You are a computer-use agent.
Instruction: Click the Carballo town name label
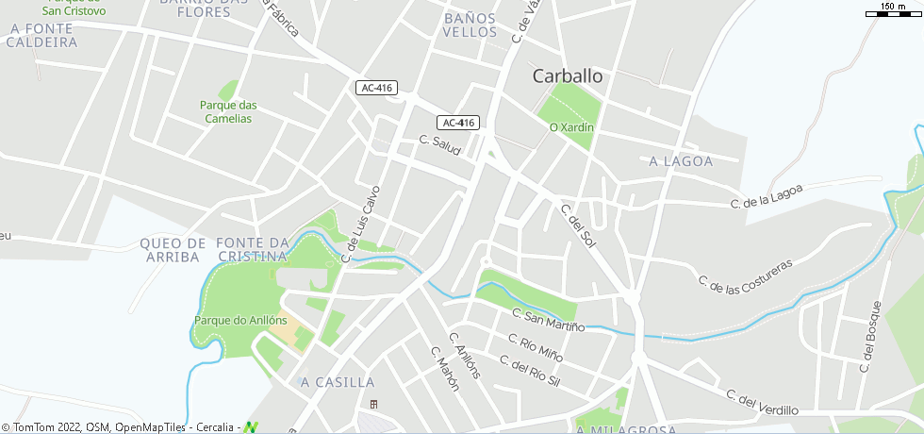coord(568,75)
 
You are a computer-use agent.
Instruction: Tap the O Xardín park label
coord(571,127)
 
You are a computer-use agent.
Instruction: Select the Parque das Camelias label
coord(226,111)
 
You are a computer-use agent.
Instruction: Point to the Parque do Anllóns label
coord(240,320)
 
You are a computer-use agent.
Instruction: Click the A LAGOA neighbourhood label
coord(681,161)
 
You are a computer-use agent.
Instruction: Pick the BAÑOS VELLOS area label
coord(470,25)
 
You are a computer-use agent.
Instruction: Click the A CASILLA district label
coord(338,382)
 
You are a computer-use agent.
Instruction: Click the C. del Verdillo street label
coord(762,402)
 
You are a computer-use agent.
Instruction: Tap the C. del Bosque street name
coord(869,336)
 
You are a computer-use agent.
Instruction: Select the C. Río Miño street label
coord(536,347)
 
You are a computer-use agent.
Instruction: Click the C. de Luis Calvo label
coord(360,223)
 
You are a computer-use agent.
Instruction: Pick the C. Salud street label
coord(440,147)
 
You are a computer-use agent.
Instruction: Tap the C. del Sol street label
coord(578,226)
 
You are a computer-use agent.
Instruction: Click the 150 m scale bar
coord(893,12)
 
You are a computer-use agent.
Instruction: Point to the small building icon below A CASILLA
coord(373,405)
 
